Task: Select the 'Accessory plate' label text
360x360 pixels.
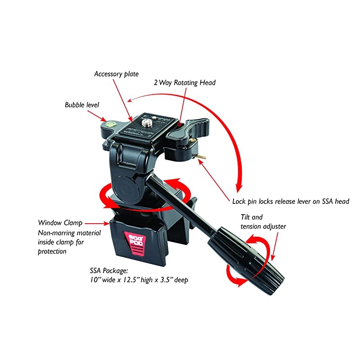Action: pos(117,73)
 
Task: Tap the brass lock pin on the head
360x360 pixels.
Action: pos(203,156)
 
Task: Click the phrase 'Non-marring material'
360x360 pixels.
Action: pos(69,233)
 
